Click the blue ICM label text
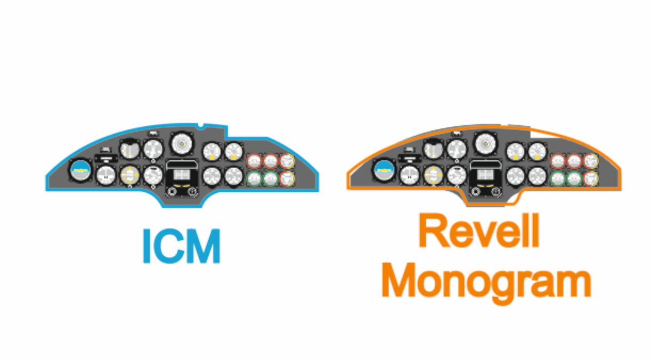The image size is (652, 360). point(181,246)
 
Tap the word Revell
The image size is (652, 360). point(479,231)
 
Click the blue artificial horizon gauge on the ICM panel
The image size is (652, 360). point(81,171)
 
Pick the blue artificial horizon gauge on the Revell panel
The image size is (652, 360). point(385,171)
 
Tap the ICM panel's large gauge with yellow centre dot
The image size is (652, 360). point(182,144)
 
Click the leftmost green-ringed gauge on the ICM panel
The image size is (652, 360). point(255,179)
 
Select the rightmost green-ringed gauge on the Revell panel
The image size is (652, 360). point(574,179)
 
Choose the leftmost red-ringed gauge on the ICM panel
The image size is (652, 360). point(255,161)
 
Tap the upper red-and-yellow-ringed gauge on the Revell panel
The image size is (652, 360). point(591,161)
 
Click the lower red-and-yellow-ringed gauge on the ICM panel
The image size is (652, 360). point(287,179)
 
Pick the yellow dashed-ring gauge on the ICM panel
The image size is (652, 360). point(130,176)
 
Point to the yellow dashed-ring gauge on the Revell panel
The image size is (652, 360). point(434,176)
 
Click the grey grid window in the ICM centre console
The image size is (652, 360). point(182,175)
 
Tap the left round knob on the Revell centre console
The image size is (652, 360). point(475,192)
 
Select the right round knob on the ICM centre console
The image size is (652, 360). point(192,192)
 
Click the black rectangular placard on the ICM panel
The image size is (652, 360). point(106,159)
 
